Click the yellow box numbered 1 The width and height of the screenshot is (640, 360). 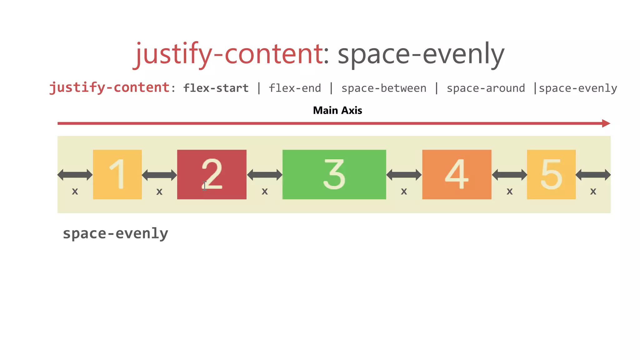point(117,174)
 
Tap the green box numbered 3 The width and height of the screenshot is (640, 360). point(334,174)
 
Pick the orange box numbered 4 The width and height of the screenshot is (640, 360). point(457,174)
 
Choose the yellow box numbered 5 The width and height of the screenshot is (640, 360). point(551,174)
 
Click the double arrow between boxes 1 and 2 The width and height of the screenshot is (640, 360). point(159,175)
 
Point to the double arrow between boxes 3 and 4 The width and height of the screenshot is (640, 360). point(404,175)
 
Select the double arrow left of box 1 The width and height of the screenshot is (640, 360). point(75,175)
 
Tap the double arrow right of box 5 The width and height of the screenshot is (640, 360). point(593,175)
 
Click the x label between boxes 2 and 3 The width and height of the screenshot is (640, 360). point(265,191)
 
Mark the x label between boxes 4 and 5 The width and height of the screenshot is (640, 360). point(509,191)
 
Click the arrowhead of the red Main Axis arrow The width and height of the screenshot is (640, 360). point(606,123)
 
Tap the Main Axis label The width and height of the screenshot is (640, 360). point(337,110)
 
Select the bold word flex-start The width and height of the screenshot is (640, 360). point(216,88)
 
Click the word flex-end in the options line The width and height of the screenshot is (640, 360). point(295,88)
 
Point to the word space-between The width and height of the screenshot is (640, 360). point(384,88)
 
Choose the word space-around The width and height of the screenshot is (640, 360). point(486,88)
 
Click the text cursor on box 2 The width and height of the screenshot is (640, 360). point(204,186)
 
